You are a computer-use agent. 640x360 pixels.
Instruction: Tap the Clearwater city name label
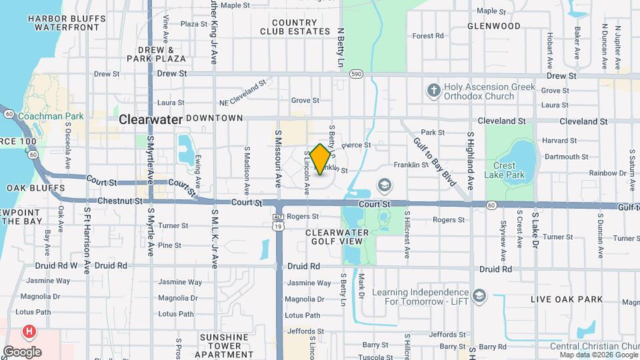coord(151,119)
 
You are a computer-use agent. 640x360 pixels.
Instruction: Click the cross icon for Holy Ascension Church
coord(433,89)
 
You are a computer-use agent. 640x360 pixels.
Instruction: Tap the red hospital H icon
coord(29,331)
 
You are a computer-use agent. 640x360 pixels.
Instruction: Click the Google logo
coord(22,352)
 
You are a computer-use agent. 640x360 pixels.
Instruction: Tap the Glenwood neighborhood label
coord(494,26)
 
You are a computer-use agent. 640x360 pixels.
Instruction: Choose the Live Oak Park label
coord(567,299)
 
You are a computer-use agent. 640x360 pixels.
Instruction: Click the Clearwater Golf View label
coord(337,237)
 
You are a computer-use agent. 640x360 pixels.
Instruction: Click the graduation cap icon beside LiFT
coord(479,296)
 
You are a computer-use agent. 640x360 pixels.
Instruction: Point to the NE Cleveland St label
coord(243,93)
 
